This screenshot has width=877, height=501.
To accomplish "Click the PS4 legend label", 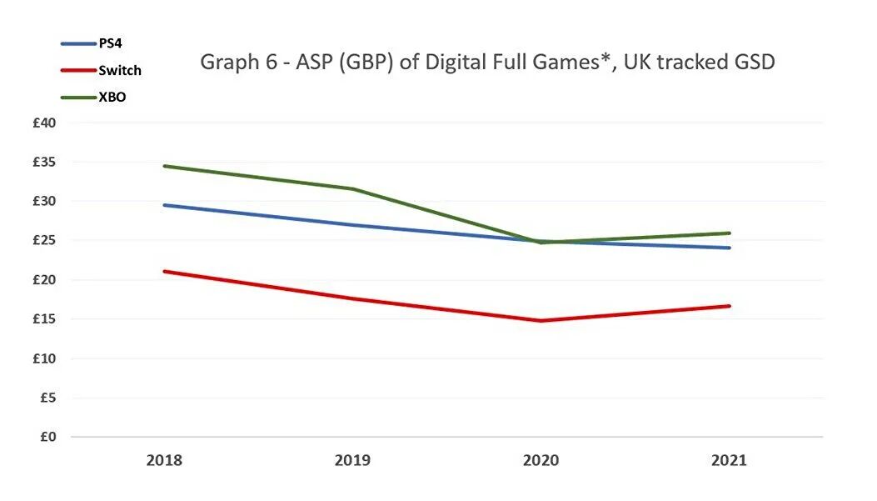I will point(110,43).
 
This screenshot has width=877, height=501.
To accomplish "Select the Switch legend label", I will point(120,71).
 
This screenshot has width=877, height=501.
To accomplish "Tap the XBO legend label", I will point(112,98).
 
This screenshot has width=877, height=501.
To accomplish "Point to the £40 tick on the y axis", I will point(44,123).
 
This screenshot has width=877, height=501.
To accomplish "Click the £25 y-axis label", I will point(44,241).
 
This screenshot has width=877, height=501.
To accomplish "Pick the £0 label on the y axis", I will point(47,437).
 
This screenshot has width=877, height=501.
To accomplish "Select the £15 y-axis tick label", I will point(44,319).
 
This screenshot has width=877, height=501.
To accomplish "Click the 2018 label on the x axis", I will point(163,460).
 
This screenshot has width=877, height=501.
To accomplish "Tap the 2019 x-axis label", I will point(352,460).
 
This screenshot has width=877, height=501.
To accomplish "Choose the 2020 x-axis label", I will point(541,460).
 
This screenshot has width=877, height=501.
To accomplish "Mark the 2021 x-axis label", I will point(730,460).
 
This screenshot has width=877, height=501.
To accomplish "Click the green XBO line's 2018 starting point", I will point(164,166).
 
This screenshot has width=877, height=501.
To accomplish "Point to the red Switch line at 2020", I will point(541,320).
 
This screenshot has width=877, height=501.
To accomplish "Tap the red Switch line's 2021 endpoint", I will point(730,306).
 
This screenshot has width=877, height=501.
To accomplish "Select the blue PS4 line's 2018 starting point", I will point(164,205).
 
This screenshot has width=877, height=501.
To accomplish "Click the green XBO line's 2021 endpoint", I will point(730,233).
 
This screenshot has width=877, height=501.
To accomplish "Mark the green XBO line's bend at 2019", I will point(353,189).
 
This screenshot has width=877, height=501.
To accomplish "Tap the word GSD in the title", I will point(752,63).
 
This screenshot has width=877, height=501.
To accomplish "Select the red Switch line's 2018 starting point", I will point(164,271).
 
